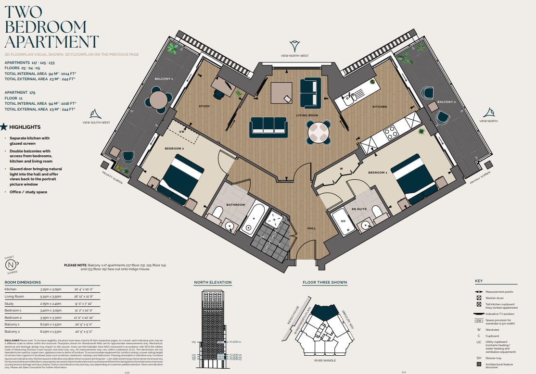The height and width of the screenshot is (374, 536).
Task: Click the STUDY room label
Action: click(204, 106)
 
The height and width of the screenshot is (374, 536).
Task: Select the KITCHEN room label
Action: click(379, 107)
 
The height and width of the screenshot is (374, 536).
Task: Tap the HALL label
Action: click(311, 228)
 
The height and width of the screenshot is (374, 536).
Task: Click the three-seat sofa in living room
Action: click(268, 126)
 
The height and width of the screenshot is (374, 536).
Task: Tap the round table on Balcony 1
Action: click(158, 100)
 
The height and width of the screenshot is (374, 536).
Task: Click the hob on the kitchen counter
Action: click(391, 132)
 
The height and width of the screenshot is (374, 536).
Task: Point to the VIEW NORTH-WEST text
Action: click(294, 56)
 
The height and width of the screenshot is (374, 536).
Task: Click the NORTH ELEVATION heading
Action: click(209, 283)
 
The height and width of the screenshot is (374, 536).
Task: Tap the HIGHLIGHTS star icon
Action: click(4, 127)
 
